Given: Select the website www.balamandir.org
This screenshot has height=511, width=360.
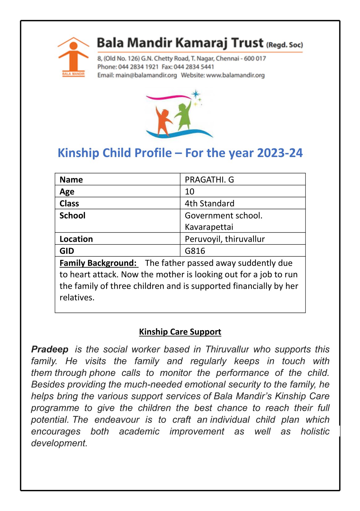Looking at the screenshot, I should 235,75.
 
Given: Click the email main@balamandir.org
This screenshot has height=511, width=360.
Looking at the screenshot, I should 146,75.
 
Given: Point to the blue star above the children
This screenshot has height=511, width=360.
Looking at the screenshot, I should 195,94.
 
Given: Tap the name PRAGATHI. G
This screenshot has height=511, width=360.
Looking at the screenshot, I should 209,180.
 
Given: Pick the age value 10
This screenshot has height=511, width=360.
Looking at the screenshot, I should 189,192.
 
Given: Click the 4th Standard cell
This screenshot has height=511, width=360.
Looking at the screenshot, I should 209,203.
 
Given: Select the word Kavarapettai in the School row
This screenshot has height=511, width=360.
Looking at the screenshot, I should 209,227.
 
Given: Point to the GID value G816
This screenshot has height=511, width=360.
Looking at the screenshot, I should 195,251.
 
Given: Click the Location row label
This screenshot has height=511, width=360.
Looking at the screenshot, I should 76,239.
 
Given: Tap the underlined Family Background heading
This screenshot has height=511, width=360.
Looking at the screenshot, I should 98,263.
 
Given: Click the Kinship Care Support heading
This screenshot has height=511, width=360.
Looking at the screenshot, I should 180,332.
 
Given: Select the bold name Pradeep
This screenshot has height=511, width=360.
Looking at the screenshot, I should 50,349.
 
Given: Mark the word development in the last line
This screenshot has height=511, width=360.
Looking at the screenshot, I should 59,443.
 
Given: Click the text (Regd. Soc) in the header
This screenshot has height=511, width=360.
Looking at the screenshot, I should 285,45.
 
